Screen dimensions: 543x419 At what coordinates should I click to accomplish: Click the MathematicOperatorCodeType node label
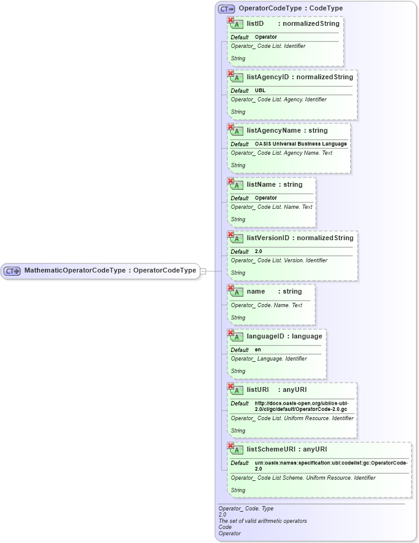click(110, 270)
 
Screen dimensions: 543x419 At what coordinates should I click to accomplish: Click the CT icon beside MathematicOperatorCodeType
click(12, 271)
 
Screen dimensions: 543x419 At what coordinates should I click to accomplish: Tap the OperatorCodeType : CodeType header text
click(291, 9)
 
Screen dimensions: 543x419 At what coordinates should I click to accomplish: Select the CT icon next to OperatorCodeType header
click(227, 9)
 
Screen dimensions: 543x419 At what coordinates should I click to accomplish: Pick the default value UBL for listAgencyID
click(260, 90)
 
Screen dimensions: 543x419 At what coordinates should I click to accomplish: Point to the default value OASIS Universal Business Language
click(300, 144)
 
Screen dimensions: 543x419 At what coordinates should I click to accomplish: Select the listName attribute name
click(260, 184)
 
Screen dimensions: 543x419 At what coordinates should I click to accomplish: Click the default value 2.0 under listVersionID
click(259, 251)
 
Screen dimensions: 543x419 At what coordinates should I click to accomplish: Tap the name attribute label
click(256, 291)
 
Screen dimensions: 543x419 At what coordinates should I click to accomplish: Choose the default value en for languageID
click(258, 350)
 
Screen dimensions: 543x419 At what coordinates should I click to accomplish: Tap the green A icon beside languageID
click(237, 337)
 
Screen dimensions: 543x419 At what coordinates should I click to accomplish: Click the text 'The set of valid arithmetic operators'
click(262, 521)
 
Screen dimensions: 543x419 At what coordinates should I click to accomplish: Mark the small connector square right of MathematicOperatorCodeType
click(203, 271)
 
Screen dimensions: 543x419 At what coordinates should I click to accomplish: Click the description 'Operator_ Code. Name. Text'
click(266, 305)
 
